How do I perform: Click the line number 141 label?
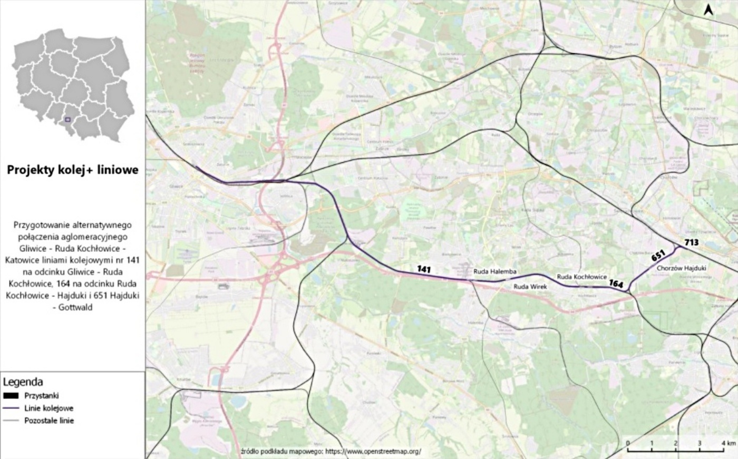(424, 269)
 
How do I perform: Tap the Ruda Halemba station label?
(495, 271)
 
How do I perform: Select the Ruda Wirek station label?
(530, 287)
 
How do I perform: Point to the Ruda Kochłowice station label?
(582, 277)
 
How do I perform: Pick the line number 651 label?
(658, 256)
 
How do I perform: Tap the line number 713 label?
(691, 242)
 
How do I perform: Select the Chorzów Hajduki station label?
(682, 268)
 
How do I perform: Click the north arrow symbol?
(709, 9)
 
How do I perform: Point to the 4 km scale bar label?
(729, 443)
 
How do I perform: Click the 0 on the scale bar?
(628, 443)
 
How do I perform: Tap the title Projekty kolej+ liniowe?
(73, 170)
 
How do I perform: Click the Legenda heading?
(23, 382)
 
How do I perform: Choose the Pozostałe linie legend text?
(49, 421)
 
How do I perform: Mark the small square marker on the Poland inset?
(67, 120)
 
